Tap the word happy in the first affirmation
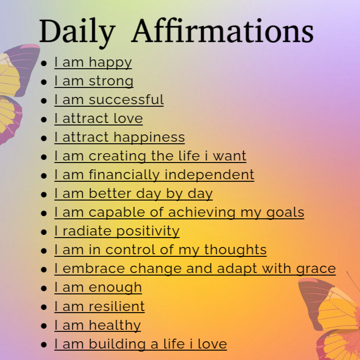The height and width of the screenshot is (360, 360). click(110, 63)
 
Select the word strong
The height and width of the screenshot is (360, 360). click(111, 82)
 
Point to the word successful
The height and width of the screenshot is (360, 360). click(126, 100)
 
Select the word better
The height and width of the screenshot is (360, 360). click(110, 194)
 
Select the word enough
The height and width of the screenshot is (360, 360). click(115, 288)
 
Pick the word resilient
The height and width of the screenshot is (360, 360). click(117, 306)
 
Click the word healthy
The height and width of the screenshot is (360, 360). click(115, 326)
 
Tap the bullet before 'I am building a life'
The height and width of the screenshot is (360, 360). click(44, 345)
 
